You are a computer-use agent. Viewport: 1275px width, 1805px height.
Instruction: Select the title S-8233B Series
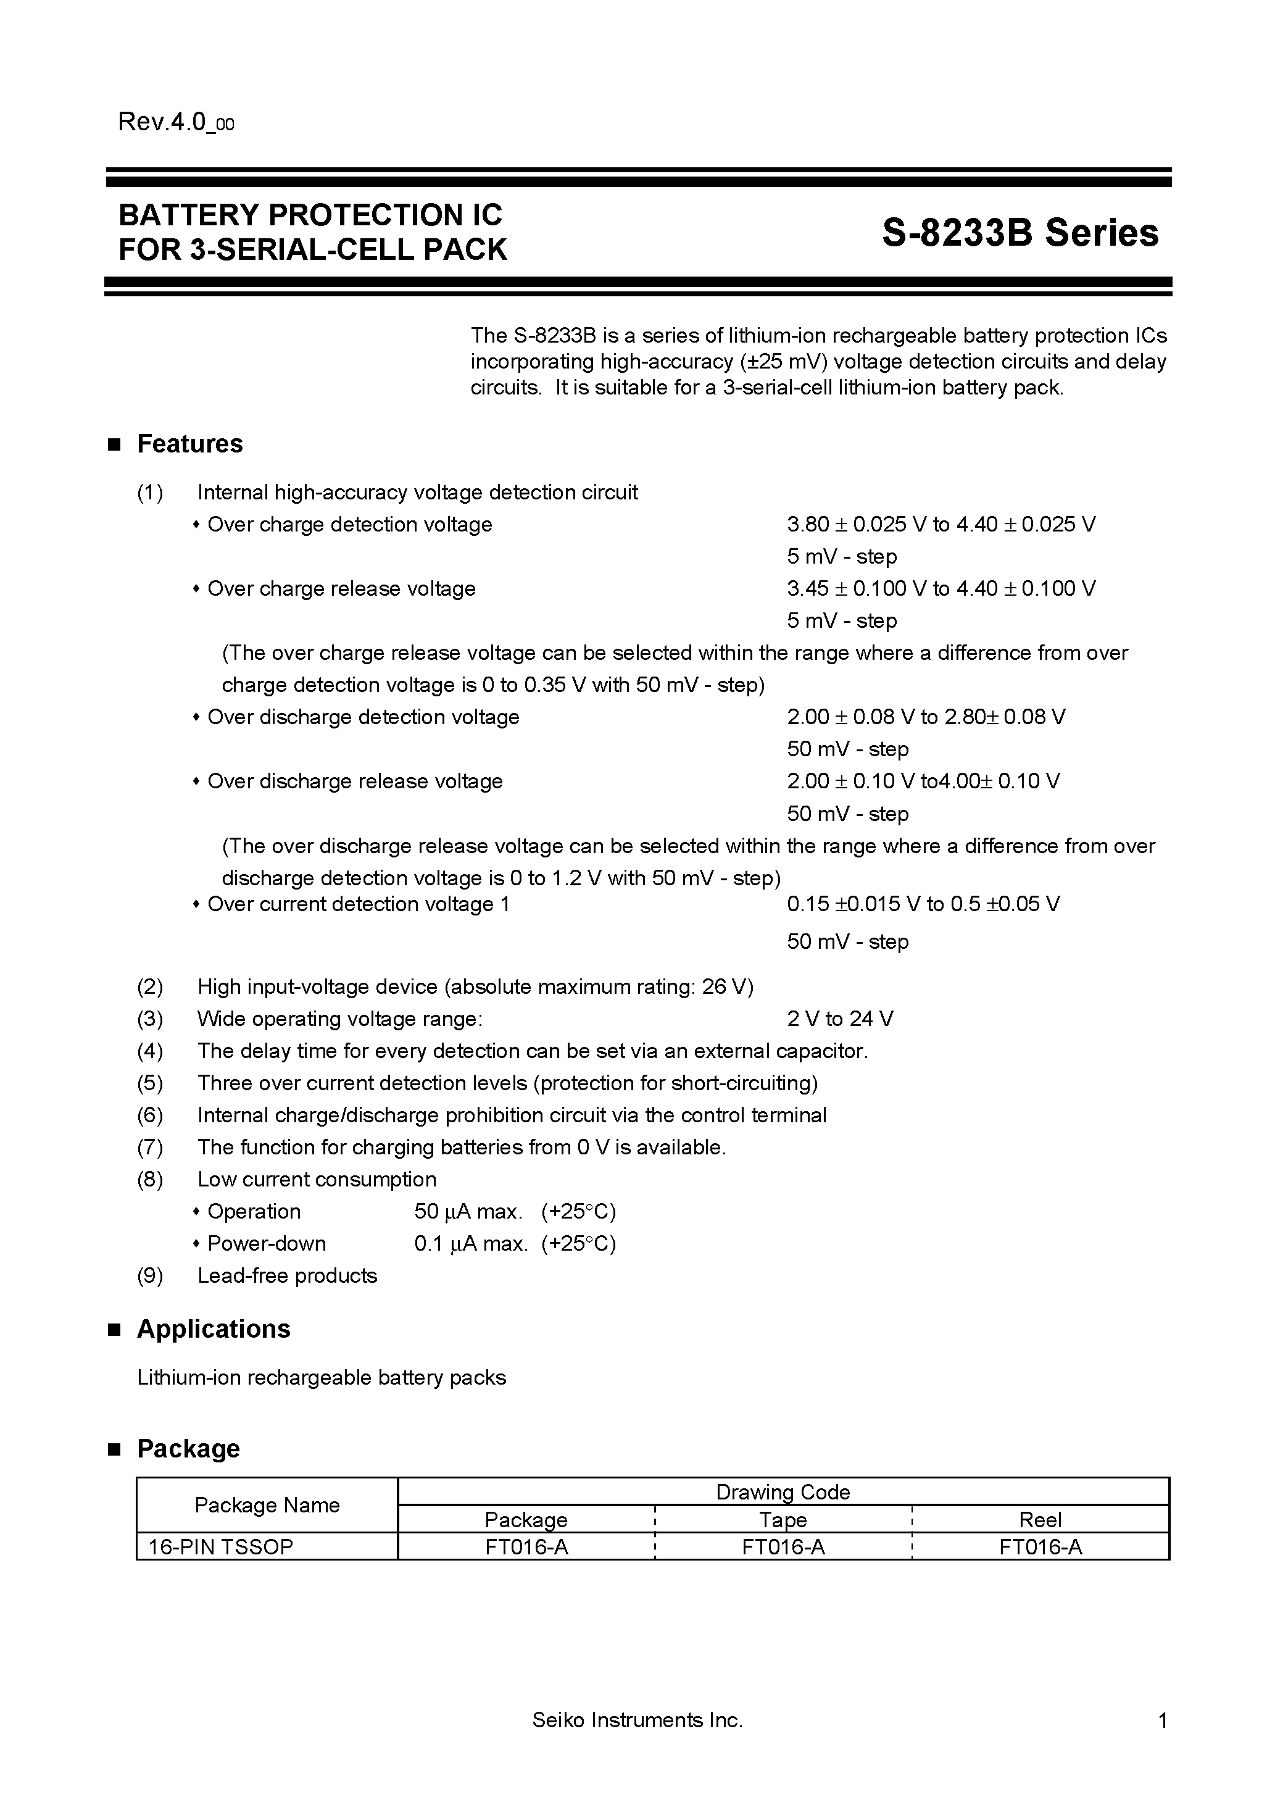point(1020,233)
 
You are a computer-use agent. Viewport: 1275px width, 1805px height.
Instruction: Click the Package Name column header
point(267,1505)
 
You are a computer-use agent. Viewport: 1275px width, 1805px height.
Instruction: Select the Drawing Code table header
point(783,1491)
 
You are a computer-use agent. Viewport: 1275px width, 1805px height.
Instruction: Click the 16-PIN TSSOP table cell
point(221,1546)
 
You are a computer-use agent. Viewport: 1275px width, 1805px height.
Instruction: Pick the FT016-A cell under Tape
point(783,1547)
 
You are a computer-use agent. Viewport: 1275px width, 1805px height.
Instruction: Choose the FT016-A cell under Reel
point(1040,1547)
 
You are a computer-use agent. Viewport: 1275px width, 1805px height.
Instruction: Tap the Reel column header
point(1040,1520)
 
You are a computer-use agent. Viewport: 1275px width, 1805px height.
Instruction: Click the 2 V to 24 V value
point(839,1019)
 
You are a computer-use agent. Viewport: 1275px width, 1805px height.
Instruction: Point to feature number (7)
point(150,1147)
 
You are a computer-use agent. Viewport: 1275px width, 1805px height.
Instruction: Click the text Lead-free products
point(287,1275)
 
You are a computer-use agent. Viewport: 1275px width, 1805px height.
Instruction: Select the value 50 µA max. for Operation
point(468,1211)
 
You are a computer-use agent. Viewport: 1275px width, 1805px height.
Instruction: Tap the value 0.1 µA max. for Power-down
point(471,1244)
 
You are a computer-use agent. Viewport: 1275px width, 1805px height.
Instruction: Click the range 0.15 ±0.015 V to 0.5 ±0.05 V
point(923,904)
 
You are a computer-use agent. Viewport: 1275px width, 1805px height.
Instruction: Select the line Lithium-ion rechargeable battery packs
point(322,1377)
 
